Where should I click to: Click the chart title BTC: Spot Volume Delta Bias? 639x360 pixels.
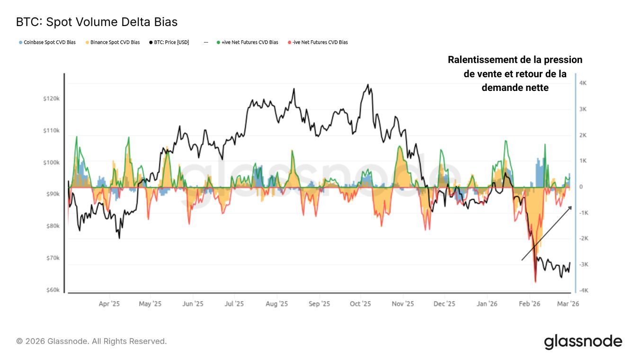pos(97,22)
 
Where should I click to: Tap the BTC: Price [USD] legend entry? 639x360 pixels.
pos(171,42)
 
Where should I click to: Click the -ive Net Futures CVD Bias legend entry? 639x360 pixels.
pos(319,42)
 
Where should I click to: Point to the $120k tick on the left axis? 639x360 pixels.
pos(52,99)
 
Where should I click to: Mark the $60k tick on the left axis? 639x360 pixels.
pos(53,290)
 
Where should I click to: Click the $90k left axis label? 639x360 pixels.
pos(53,194)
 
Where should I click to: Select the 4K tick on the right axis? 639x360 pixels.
pos(583,83)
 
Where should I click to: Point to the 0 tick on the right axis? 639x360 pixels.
pos(581,187)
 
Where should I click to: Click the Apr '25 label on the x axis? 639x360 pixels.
pos(109,304)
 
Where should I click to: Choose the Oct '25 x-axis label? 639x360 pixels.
pos(360,304)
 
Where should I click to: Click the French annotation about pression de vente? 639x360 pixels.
pos(515,73)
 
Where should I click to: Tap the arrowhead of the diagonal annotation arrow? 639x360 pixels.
pos(571,207)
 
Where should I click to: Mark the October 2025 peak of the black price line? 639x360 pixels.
pos(368,85)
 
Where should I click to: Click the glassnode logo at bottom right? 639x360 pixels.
pos(583,341)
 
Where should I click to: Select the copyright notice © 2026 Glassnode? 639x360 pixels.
pos(91,341)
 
